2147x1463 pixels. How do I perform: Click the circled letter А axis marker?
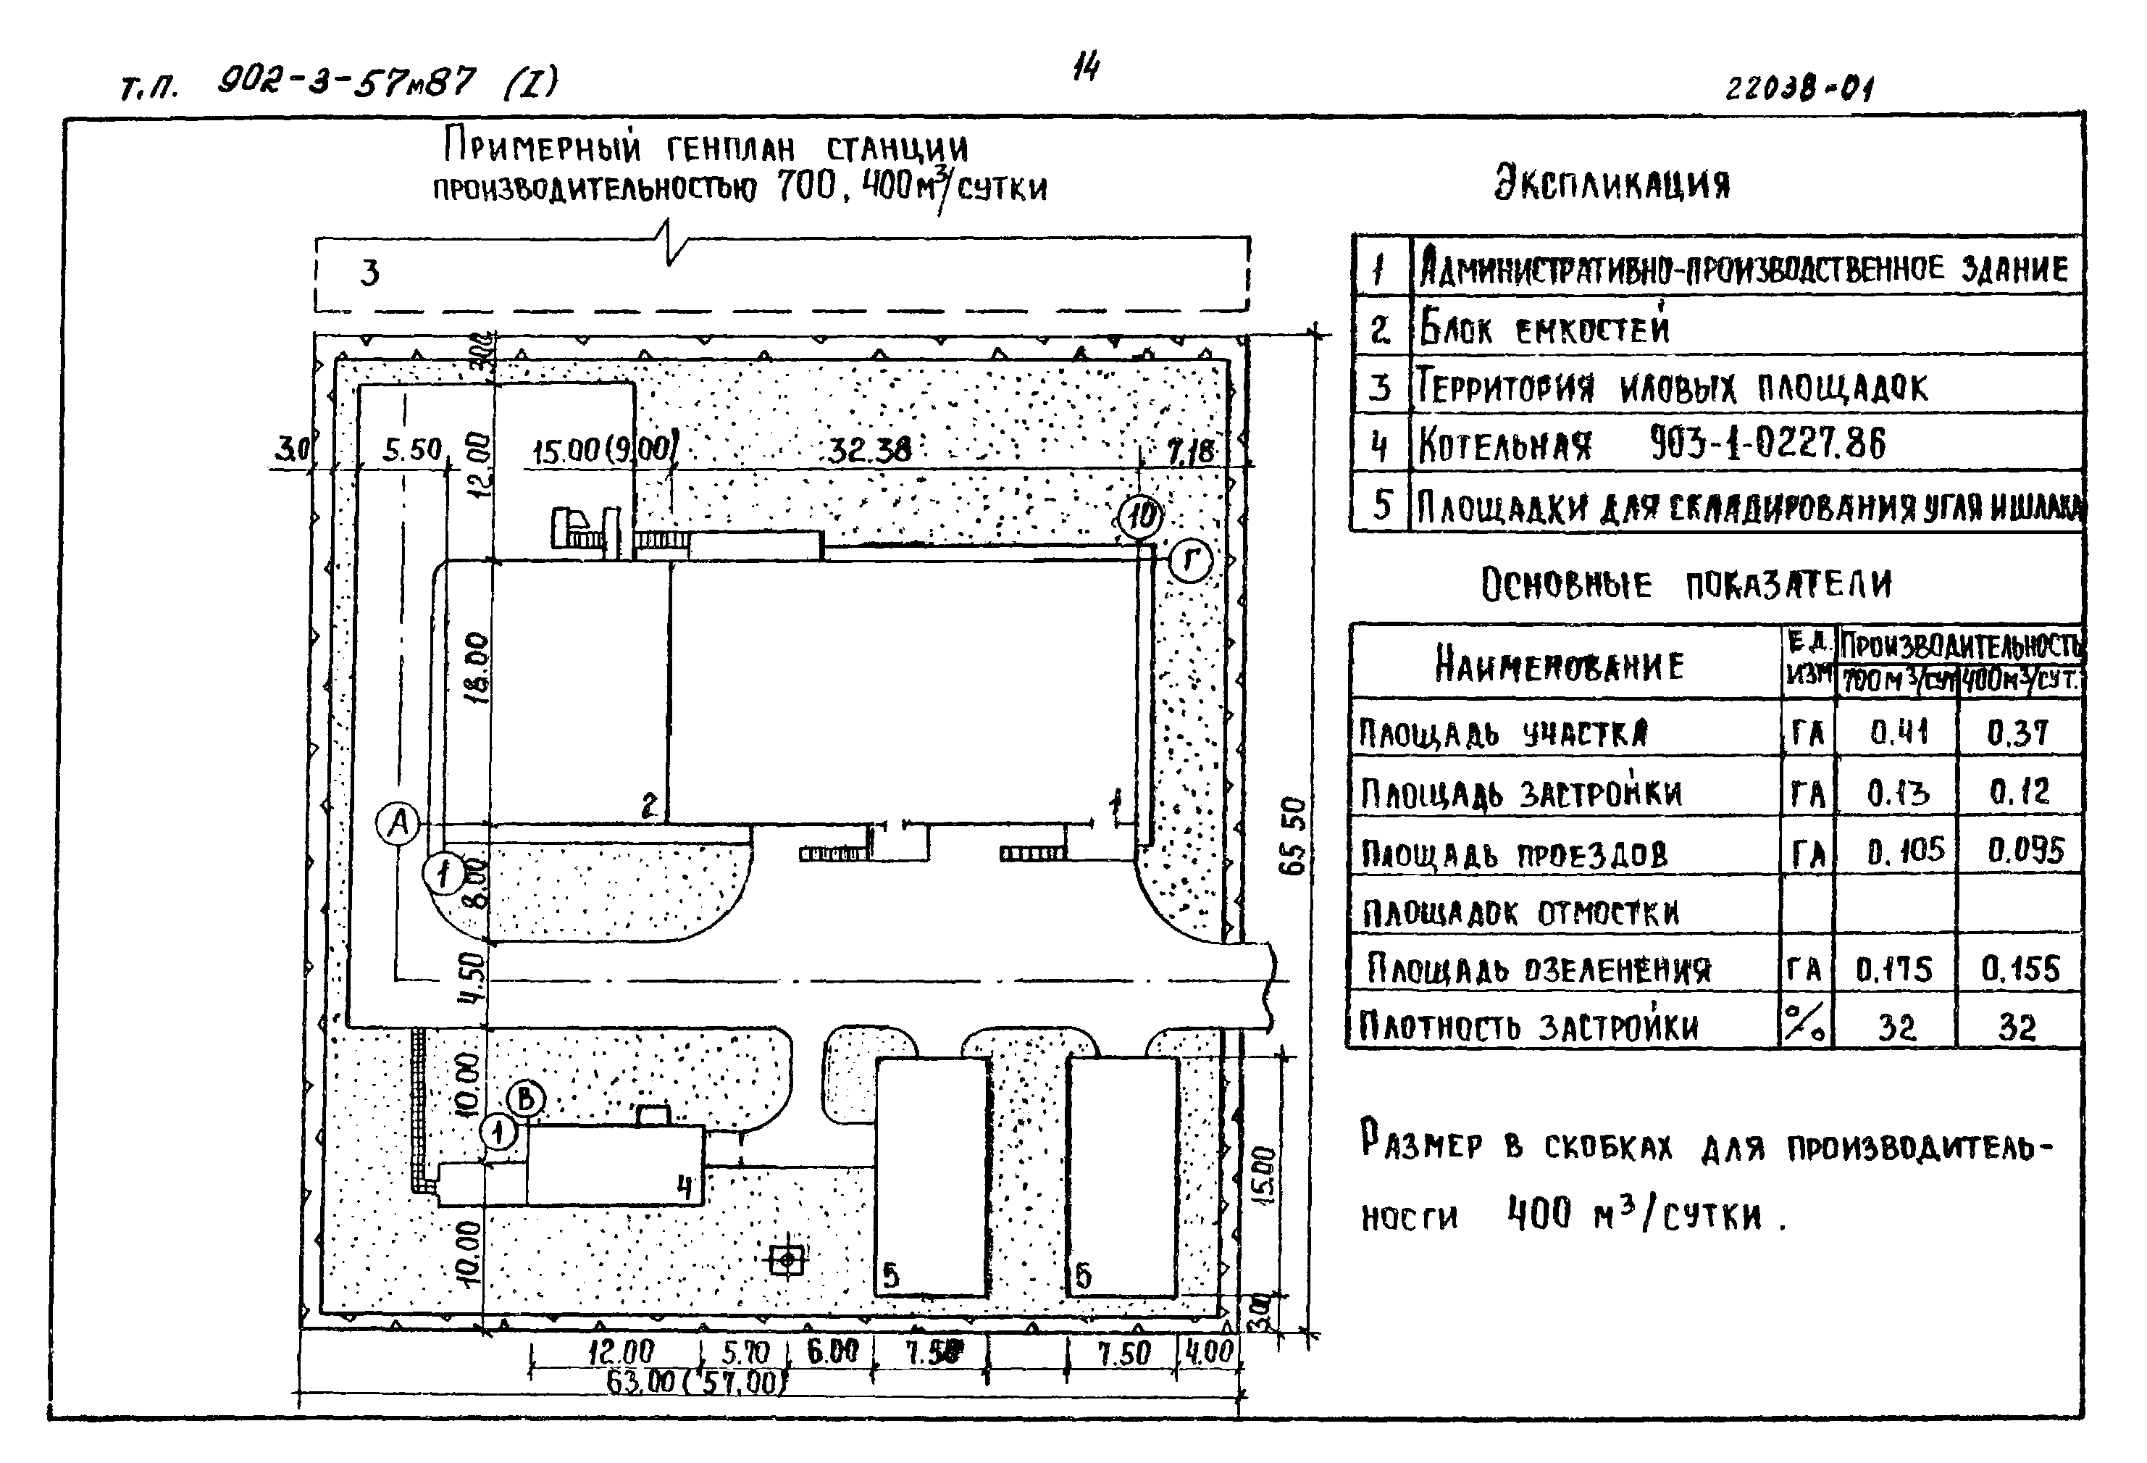399,822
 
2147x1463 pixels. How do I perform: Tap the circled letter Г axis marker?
1190,560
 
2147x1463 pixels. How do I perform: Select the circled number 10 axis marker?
1141,516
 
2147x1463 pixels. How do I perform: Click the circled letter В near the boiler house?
526,1099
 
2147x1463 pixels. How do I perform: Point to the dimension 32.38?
869,450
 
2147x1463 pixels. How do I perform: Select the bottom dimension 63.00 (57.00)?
695,1383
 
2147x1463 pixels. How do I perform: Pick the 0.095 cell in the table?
2025,850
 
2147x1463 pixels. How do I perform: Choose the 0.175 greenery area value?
1894,969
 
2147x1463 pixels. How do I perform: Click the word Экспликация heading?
1612,183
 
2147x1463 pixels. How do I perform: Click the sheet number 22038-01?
1799,88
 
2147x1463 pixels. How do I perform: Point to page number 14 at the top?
1086,67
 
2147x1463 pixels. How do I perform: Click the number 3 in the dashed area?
369,272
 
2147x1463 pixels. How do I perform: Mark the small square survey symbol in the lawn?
786,1259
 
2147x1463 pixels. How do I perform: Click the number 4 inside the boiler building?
684,1185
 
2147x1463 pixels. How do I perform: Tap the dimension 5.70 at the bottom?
745,1353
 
